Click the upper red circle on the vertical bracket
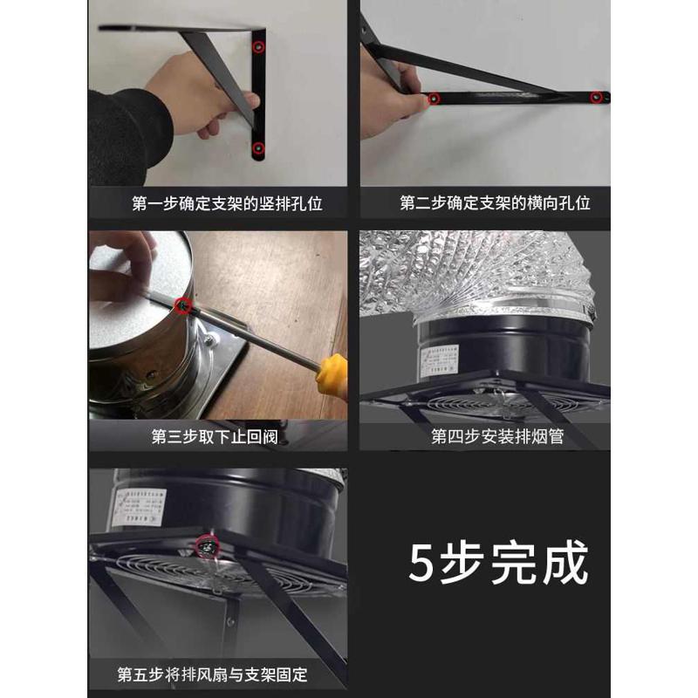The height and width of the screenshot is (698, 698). [x=259, y=47]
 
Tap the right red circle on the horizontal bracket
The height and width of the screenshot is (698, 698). [x=597, y=97]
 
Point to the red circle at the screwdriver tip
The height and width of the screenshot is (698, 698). [x=183, y=305]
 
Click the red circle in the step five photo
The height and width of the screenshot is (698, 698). [x=207, y=546]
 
